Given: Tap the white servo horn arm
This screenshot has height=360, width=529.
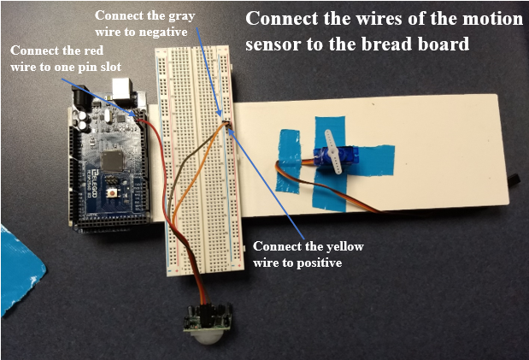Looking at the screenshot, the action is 332,151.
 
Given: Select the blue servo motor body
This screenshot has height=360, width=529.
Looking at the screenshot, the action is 336,156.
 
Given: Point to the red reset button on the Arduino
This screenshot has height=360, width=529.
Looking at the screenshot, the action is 110,193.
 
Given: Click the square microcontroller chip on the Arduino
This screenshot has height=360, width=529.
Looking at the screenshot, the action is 112,161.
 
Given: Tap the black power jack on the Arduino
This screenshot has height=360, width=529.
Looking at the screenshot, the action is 82,97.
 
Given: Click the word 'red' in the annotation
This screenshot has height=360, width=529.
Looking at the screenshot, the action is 93,50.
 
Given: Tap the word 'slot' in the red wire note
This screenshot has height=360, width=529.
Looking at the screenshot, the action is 109,68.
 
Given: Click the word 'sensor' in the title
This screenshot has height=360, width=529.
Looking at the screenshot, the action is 273,44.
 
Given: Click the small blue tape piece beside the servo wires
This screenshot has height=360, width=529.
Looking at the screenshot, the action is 289,162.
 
